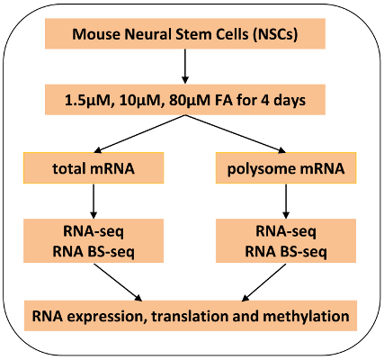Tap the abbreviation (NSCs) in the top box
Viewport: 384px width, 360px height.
click(x=275, y=34)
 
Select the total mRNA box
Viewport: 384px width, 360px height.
click(x=94, y=167)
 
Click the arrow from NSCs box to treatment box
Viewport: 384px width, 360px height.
click(x=185, y=66)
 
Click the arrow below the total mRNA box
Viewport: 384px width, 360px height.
click(x=94, y=201)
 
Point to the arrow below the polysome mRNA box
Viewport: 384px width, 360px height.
click(x=286, y=201)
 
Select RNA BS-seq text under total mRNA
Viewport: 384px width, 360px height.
click(x=94, y=252)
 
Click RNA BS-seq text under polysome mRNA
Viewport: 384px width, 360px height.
click(x=286, y=252)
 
